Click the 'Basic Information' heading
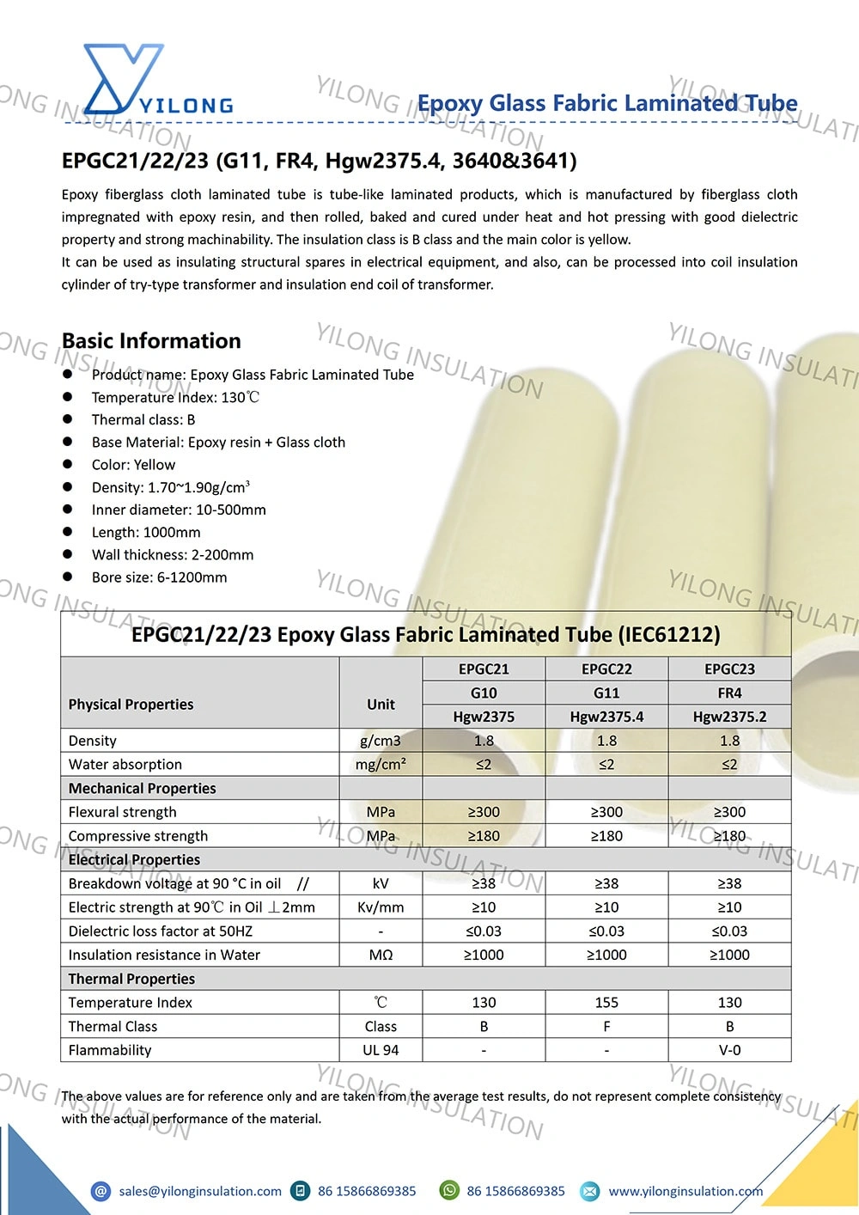pyautogui.click(x=151, y=341)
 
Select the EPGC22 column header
pyautogui.click(x=606, y=669)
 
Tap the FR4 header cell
pyautogui.click(x=729, y=693)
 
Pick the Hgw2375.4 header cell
pyautogui.click(x=606, y=717)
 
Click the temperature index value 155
pyautogui.click(x=606, y=1003)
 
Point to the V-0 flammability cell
pyautogui.click(x=729, y=1050)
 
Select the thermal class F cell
pyautogui.click(x=606, y=1026)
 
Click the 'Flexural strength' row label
pyautogui.click(x=123, y=812)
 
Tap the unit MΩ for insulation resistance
pyautogui.click(x=381, y=955)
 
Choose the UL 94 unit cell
pyautogui.click(x=381, y=1050)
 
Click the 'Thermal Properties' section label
pyautogui.click(x=131, y=979)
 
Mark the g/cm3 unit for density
pyautogui.click(x=381, y=741)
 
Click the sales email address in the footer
pyautogui.click(x=200, y=1191)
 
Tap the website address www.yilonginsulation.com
pyautogui.click(x=685, y=1191)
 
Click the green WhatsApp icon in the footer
pyautogui.click(x=449, y=1190)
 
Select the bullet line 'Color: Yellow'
pyautogui.click(x=133, y=465)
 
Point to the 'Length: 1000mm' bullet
pyautogui.click(x=146, y=533)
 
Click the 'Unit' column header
pyautogui.click(x=381, y=705)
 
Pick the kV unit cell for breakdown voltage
pyautogui.click(x=381, y=883)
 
